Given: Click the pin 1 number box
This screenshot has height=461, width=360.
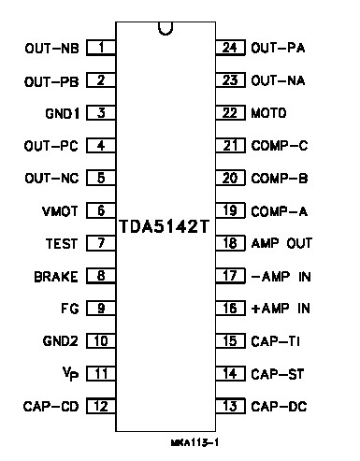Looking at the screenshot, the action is tap(100, 46).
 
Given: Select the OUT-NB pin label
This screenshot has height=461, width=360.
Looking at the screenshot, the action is tap(50, 47).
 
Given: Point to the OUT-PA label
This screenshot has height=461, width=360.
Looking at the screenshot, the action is tap(280, 47).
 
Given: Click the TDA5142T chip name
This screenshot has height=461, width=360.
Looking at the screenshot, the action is tap(164, 225).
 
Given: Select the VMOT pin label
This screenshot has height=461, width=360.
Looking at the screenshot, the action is tap(60, 210).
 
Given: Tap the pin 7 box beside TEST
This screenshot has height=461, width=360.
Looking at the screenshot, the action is tap(100, 243).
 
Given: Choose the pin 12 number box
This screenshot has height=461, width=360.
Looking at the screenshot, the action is tap(100, 406).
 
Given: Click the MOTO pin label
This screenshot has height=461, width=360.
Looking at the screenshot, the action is tap(268, 112).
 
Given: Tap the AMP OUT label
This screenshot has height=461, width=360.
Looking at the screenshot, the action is tap(281, 243).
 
